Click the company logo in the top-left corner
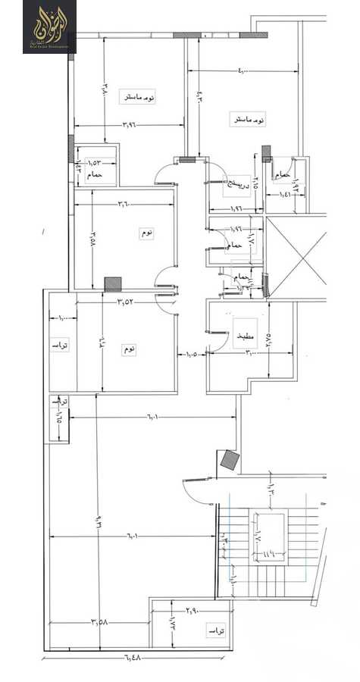pos(49,27)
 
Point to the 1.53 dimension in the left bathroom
pos(95,162)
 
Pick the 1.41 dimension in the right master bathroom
pos(286,195)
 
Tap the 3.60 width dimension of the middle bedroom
pos(125,203)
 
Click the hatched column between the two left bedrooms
pos(113,283)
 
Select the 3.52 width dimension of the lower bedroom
pos(125,302)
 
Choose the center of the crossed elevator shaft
pos(298,257)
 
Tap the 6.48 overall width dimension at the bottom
pos(133,656)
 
